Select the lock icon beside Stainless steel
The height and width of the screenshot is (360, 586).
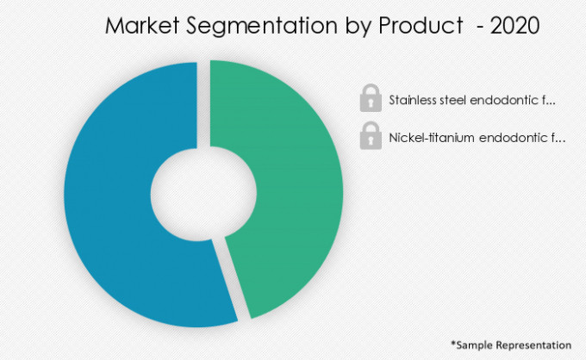[x=371, y=99]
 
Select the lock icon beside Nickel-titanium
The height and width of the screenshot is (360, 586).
[x=371, y=136]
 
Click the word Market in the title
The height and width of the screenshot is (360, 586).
[x=140, y=27]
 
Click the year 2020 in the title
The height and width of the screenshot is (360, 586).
[x=515, y=27]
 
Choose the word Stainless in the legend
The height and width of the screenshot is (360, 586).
[x=413, y=100]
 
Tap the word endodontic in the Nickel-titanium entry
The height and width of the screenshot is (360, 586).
[x=514, y=137]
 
